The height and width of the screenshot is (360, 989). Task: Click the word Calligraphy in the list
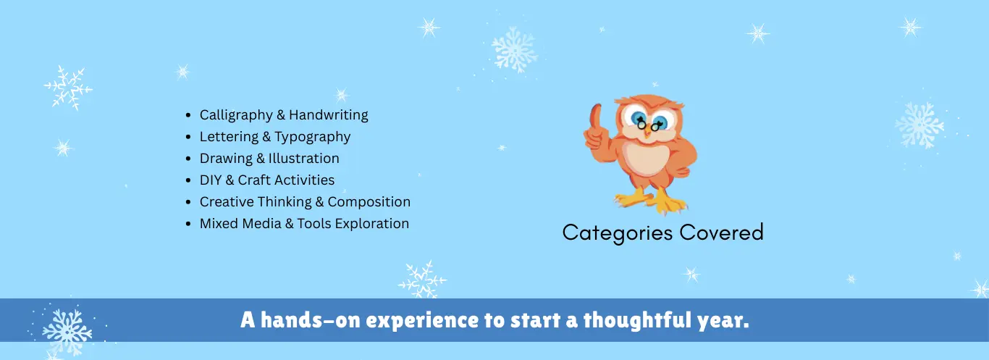pyautogui.click(x=236, y=115)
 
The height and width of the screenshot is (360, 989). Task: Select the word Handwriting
pyautogui.click(x=329, y=115)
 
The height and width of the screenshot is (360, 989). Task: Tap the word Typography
pyautogui.click(x=313, y=137)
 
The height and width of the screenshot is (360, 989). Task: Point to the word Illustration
pyautogui.click(x=304, y=158)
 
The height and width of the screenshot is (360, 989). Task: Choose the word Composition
pyautogui.click(x=369, y=202)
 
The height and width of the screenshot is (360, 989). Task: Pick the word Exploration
pyautogui.click(x=371, y=224)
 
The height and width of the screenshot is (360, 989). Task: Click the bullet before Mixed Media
pyautogui.click(x=188, y=224)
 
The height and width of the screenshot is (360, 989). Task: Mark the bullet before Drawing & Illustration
pyautogui.click(x=188, y=159)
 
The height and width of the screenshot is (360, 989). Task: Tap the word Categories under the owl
pyautogui.click(x=618, y=233)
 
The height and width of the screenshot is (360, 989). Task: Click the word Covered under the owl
pyautogui.click(x=721, y=233)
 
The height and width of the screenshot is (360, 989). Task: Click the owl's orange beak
pyautogui.click(x=647, y=133)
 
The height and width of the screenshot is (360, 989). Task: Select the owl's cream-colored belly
pyautogui.click(x=648, y=159)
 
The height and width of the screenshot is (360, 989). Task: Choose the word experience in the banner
pyautogui.click(x=423, y=321)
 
